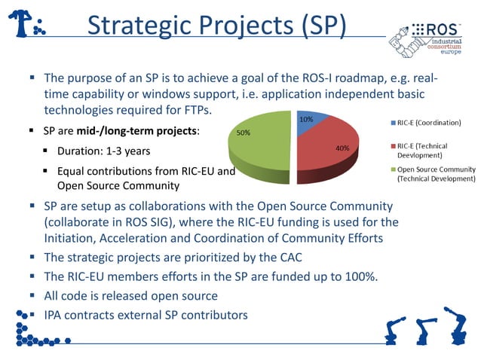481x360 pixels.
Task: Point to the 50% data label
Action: coord(244,133)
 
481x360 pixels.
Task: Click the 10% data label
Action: coord(306,120)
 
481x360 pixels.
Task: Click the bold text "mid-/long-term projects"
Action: coord(148,131)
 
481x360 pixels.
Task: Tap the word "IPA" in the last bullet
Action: coord(54,314)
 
